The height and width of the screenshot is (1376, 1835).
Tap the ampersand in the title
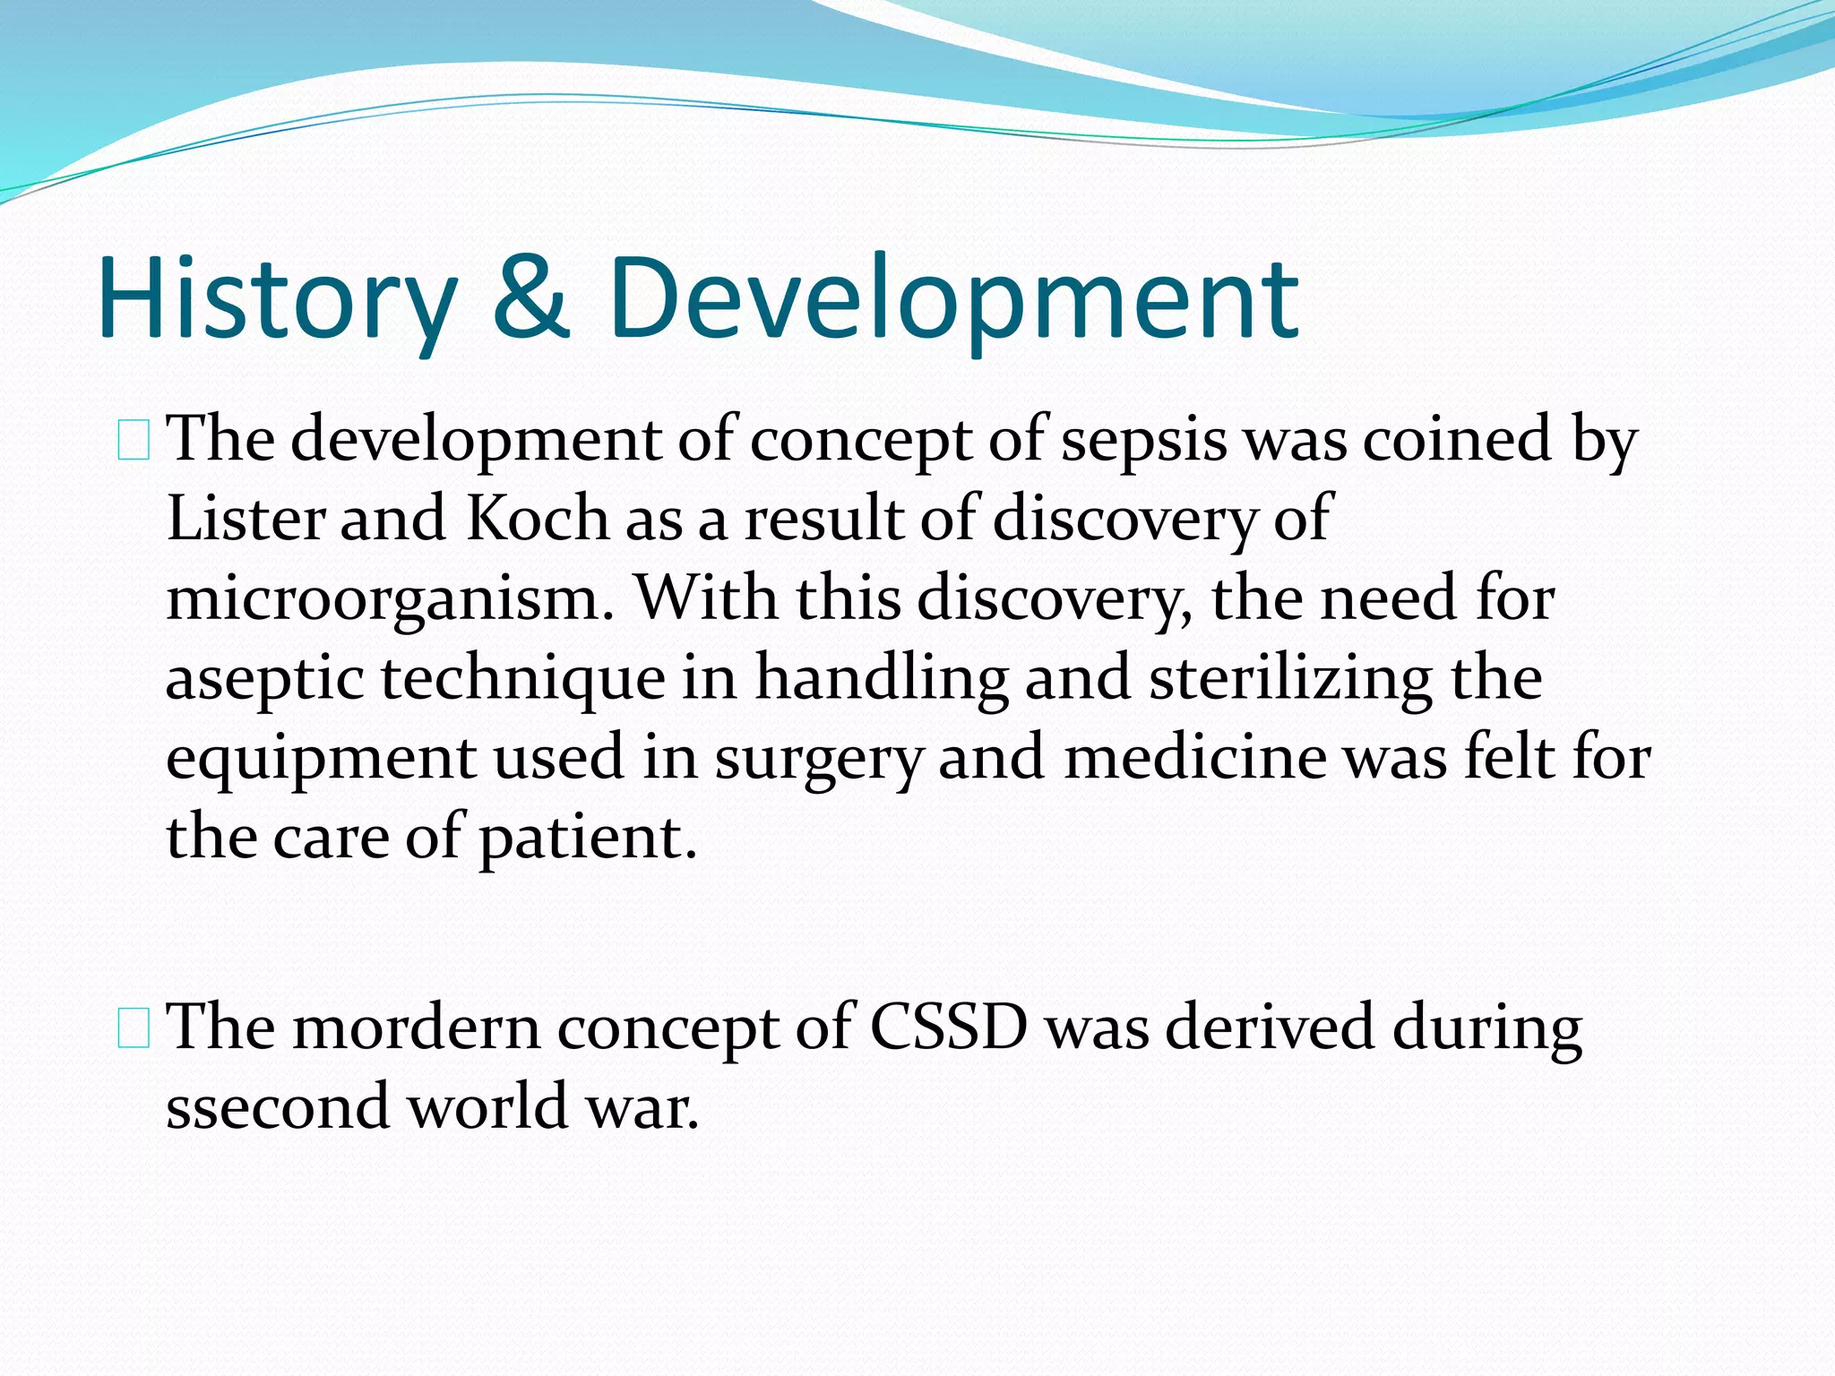click(531, 298)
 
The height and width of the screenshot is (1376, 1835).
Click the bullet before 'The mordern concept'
click(134, 1028)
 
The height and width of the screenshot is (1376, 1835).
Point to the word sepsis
click(1143, 441)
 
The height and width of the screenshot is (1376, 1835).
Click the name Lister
click(244, 520)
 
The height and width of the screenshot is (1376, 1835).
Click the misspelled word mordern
click(417, 1028)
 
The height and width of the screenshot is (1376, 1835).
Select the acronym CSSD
click(948, 1028)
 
